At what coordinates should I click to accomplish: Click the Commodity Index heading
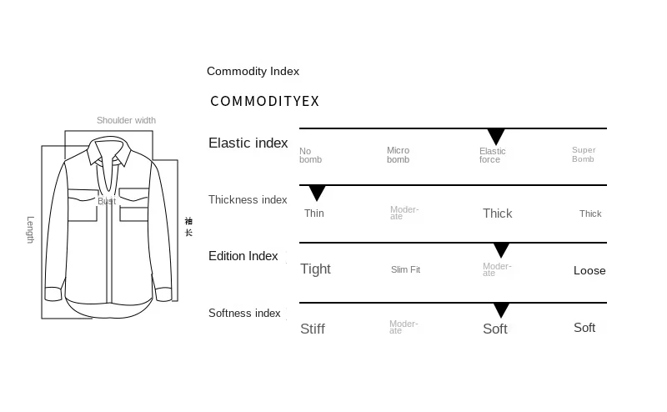click(x=253, y=72)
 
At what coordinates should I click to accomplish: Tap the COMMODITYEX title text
click(x=264, y=102)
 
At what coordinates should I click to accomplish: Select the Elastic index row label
click(x=248, y=143)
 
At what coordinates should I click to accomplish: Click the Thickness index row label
click(x=248, y=200)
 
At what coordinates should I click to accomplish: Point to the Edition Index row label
click(x=243, y=256)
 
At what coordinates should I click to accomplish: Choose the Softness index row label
click(x=244, y=314)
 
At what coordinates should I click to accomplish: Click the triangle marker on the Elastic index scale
click(x=496, y=137)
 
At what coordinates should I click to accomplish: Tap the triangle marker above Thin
click(x=317, y=193)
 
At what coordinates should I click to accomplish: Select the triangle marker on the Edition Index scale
click(x=500, y=250)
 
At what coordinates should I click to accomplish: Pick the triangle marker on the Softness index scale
click(x=500, y=310)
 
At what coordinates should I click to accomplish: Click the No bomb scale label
click(x=310, y=155)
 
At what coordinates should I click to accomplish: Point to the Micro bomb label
click(x=398, y=155)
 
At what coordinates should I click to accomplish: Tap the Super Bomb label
click(x=584, y=155)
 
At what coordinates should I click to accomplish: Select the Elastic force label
click(x=492, y=155)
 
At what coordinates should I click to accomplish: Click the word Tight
click(x=315, y=269)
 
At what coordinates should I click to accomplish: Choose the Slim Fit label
click(x=405, y=269)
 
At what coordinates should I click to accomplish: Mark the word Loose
click(x=589, y=270)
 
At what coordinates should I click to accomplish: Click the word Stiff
click(x=312, y=329)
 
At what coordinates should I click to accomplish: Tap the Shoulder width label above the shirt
click(x=126, y=120)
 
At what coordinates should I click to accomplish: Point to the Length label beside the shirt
click(x=30, y=229)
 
